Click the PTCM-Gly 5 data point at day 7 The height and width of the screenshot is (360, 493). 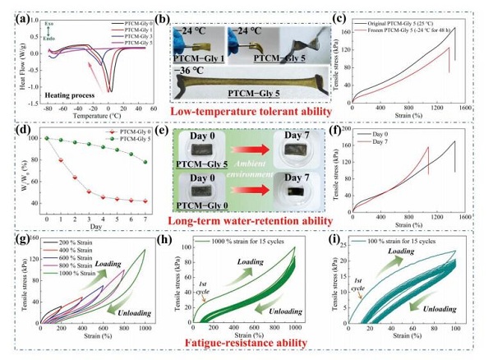[145, 162]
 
